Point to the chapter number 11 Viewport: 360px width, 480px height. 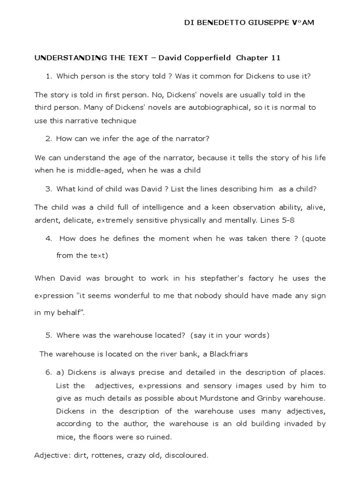tap(276, 58)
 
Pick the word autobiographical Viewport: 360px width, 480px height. tap(195, 107)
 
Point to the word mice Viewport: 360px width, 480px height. tap(65, 437)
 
